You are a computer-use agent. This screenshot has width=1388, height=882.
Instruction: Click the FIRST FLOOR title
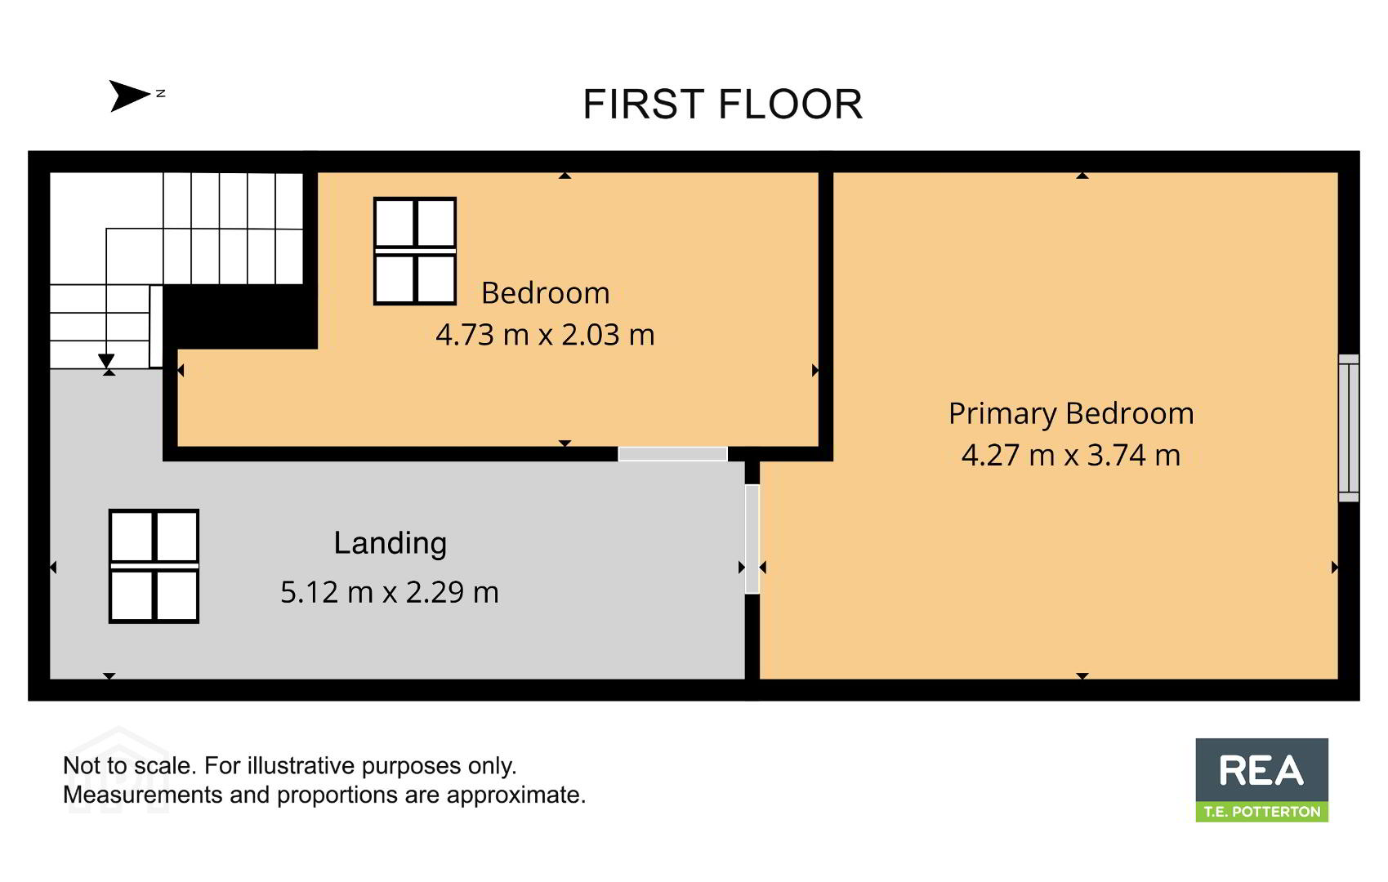pyautogui.click(x=722, y=104)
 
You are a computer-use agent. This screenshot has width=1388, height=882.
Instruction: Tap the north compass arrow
pyautogui.click(x=130, y=96)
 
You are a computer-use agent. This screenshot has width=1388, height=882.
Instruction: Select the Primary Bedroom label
pyautogui.click(x=1071, y=414)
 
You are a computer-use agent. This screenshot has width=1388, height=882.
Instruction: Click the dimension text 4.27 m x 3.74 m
pyautogui.click(x=1071, y=455)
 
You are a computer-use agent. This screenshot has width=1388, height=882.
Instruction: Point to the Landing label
pyautogui.click(x=391, y=544)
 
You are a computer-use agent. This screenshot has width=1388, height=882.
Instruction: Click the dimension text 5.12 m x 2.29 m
pyautogui.click(x=390, y=592)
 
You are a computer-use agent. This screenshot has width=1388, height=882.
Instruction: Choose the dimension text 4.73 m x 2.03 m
pyautogui.click(x=545, y=335)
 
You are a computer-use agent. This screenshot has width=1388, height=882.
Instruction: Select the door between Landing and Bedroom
pyautogui.click(x=673, y=454)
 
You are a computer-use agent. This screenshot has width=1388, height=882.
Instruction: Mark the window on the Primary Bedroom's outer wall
pyautogui.click(x=1348, y=428)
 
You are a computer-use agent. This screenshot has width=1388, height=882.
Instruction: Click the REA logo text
pyautogui.click(x=1261, y=770)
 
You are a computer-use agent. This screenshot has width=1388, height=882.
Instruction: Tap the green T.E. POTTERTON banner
pyautogui.click(x=1261, y=812)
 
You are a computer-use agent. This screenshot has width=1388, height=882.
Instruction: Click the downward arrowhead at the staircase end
pyautogui.click(x=106, y=361)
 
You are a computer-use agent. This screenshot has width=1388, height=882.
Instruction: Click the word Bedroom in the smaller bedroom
pyautogui.click(x=545, y=293)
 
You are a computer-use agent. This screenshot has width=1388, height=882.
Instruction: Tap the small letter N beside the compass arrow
pyautogui.click(x=160, y=94)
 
